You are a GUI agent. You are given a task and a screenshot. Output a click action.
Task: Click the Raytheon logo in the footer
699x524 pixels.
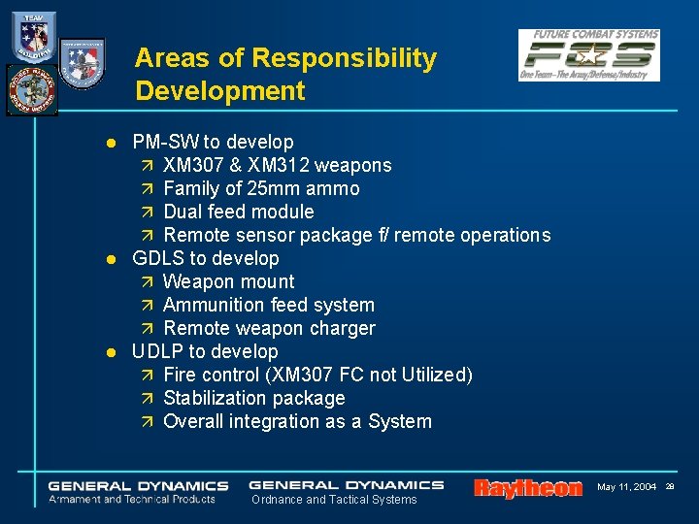coord(528,488)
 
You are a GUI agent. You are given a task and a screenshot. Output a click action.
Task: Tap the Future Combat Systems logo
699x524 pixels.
coord(588,55)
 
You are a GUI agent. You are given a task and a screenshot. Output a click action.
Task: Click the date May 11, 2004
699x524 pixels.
coord(626,486)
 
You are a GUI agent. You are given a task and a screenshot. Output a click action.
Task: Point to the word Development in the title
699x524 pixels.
coord(220,91)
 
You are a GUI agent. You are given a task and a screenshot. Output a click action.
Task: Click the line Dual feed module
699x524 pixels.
coord(239,212)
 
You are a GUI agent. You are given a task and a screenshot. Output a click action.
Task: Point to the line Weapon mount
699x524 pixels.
coord(229,281)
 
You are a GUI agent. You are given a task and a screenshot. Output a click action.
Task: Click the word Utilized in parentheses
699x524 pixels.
coord(433,375)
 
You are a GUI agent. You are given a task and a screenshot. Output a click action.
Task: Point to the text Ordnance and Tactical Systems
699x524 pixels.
coord(334,500)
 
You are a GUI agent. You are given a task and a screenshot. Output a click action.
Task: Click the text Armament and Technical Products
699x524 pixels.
coord(132,499)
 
